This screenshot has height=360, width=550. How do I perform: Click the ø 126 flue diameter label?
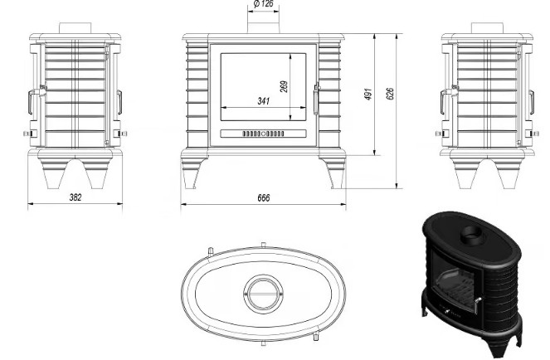263,4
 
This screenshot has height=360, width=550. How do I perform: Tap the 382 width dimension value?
75,197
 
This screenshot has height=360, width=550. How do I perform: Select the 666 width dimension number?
264,198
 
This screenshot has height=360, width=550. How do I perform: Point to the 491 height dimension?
368,94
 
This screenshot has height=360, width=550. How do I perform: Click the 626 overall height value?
390,94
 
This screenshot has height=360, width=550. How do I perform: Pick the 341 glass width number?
264,101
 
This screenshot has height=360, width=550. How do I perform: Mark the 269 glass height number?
284,86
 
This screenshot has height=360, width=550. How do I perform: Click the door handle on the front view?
317,99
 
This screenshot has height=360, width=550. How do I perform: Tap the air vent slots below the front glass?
263,134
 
